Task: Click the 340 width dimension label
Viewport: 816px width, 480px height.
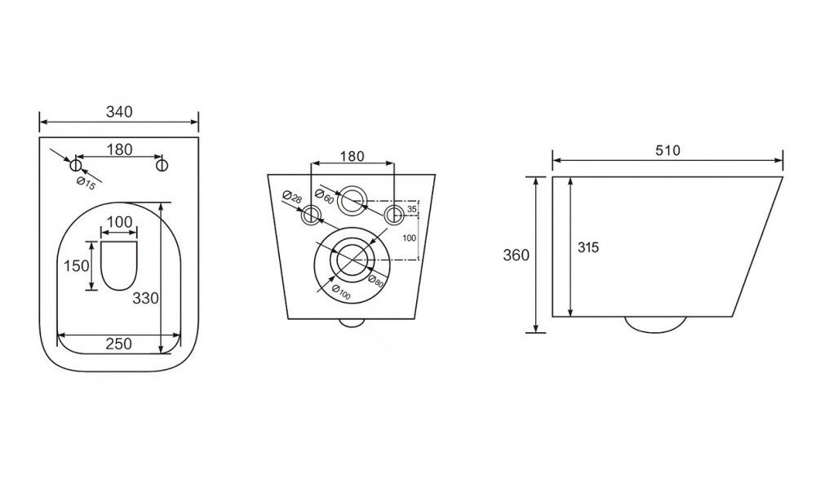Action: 119,112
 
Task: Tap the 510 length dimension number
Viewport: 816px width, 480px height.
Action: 667,150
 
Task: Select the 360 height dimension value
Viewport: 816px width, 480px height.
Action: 516,255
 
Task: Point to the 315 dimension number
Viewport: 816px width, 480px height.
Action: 588,248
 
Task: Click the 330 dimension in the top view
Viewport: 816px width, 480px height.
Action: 145,298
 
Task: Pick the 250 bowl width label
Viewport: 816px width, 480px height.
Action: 118,344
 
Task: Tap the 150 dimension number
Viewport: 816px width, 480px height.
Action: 77,266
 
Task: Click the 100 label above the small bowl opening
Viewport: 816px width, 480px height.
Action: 119,222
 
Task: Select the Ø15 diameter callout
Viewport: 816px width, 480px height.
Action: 86,183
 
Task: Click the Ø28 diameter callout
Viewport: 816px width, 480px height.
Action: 292,197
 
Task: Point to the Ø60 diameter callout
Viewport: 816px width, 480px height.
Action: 325,196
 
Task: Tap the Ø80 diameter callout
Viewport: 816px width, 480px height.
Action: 375,282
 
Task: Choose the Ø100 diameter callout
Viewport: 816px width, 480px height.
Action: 341,292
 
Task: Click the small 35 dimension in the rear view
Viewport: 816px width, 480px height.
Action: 411,209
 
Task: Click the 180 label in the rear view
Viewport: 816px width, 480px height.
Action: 353,156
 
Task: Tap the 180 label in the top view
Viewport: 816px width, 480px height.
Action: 120,149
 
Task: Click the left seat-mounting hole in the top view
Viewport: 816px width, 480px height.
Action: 76,166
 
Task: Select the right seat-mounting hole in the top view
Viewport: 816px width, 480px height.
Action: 162,166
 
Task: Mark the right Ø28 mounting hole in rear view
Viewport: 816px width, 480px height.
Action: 394,214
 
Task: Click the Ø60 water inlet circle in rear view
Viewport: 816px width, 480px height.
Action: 353,200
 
